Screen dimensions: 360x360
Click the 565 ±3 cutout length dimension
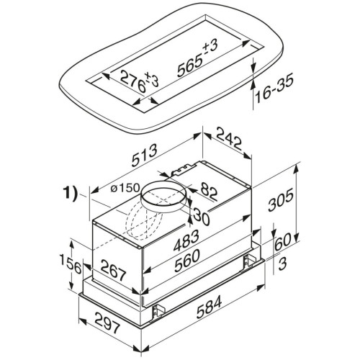197,59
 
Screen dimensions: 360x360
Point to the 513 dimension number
145,155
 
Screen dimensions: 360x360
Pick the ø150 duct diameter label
125,188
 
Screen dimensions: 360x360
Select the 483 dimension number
185,240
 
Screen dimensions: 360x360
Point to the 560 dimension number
187,261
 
